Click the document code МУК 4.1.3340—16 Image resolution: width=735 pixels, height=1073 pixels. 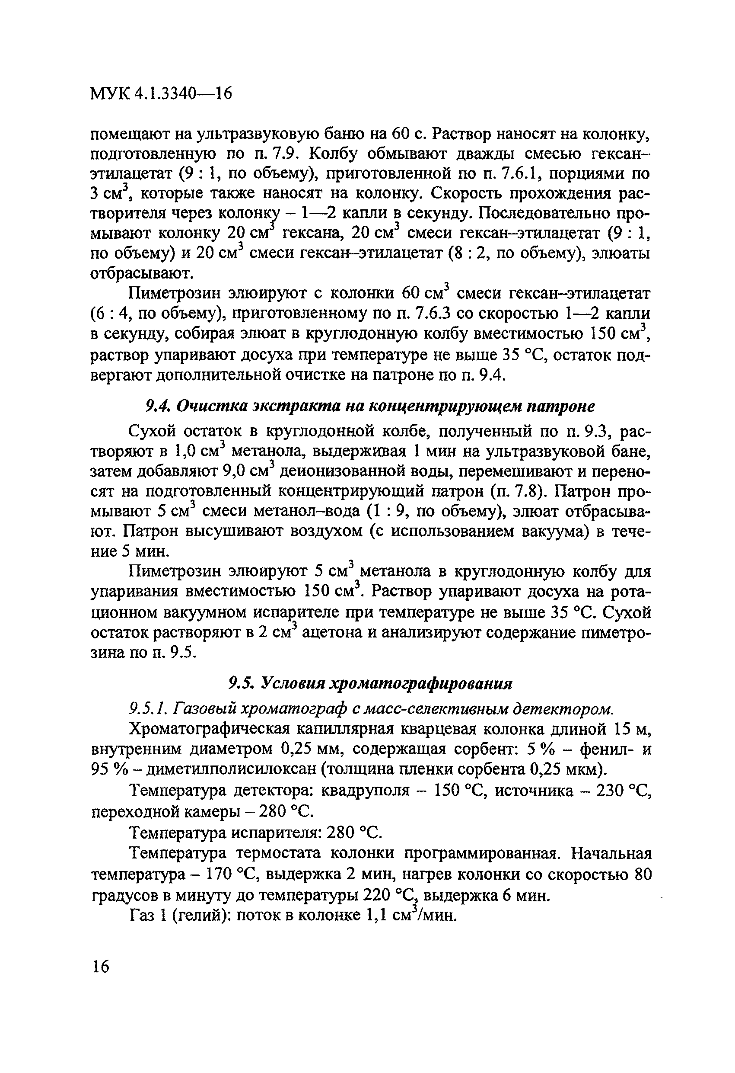[160, 94]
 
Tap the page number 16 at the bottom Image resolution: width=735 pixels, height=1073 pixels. [100, 966]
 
